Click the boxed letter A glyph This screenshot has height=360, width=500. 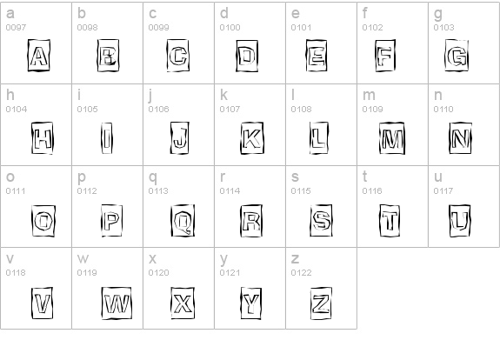click(x=38, y=55)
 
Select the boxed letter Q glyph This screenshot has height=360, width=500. click(x=183, y=221)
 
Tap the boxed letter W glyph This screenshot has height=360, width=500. click(x=117, y=303)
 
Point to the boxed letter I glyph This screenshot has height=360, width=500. click(x=107, y=138)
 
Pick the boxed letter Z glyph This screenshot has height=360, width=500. click(x=321, y=303)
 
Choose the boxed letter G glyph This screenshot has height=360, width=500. click(x=457, y=55)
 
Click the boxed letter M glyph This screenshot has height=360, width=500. click(x=392, y=138)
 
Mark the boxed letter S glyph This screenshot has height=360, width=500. click(x=321, y=221)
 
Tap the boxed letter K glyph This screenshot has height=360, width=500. click(x=252, y=138)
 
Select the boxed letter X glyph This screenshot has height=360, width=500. click(x=183, y=303)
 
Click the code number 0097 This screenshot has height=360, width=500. click(x=16, y=28)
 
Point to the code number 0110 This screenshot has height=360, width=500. click(x=443, y=110)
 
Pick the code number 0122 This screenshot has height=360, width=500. click(x=302, y=273)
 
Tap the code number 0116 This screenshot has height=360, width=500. click(x=372, y=191)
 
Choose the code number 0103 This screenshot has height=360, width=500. click(x=443, y=28)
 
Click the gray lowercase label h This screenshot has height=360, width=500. click(x=10, y=95)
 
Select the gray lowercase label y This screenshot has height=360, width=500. click(x=224, y=259)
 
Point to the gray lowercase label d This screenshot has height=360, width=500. click(x=224, y=13)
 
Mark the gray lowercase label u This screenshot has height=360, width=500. click(x=438, y=177)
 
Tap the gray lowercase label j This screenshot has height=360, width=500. click(x=150, y=96)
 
